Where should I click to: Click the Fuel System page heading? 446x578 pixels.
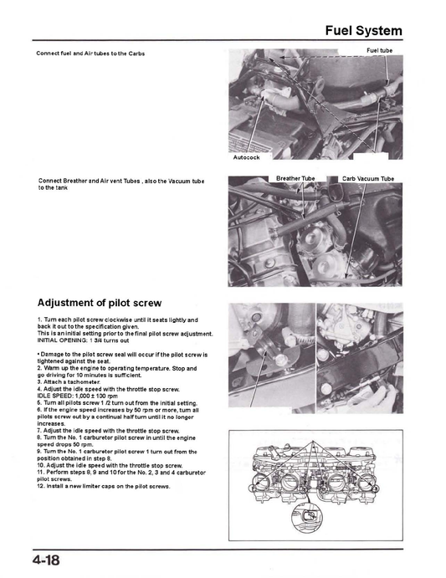pyautogui.click(x=363, y=31)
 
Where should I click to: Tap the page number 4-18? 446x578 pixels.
pyautogui.click(x=46, y=560)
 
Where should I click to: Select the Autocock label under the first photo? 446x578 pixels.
pyautogui.click(x=246, y=157)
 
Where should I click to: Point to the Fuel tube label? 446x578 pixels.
pyautogui.click(x=379, y=50)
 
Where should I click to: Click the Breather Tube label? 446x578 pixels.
pyautogui.click(x=295, y=178)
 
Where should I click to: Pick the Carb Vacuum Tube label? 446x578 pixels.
pyautogui.click(x=368, y=179)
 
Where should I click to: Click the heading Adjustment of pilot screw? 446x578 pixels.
pyautogui.click(x=100, y=303)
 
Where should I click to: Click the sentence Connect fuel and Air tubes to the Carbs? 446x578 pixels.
pyautogui.click(x=90, y=54)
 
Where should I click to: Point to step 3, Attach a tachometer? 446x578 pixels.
pyautogui.click(x=69, y=382)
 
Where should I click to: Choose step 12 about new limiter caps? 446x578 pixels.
pyautogui.click(x=104, y=486)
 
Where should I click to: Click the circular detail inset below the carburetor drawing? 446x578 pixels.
pyautogui.click(x=307, y=514)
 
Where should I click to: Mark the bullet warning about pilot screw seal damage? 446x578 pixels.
pyautogui.click(x=122, y=358)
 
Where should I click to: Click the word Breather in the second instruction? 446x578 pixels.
pyautogui.click(x=75, y=181)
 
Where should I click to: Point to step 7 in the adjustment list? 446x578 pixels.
pyautogui.click(x=109, y=431)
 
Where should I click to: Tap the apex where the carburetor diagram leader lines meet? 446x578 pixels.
pyautogui.click(x=313, y=442)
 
